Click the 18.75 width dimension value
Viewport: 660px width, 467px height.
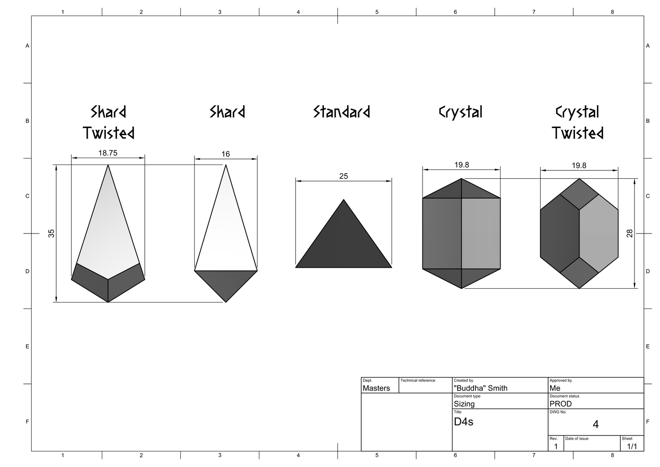pos(108,153)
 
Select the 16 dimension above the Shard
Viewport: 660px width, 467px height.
pos(226,154)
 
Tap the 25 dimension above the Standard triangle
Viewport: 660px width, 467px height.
pos(343,176)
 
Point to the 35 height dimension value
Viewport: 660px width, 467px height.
pos(51,233)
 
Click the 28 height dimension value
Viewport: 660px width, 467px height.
pos(629,233)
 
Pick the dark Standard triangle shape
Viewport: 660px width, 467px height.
pos(343,242)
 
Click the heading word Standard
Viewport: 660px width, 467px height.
pos(342,112)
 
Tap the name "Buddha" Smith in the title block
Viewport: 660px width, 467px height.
pos(480,388)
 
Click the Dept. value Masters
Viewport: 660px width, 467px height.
pos(376,388)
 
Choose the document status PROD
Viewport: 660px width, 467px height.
pos(561,403)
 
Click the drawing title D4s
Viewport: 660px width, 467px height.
pos(464,422)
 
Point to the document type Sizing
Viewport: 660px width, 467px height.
pos(464,404)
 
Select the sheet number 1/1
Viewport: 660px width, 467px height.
pos(632,446)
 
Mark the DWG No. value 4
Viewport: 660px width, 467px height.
pos(596,425)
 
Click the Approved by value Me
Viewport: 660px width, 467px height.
pos(555,388)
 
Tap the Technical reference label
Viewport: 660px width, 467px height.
pos(417,380)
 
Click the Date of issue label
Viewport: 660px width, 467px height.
pos(576,439)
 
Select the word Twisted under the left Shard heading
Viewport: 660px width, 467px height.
pos(108,133)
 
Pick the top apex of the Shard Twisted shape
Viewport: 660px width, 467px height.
pos(108,165)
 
